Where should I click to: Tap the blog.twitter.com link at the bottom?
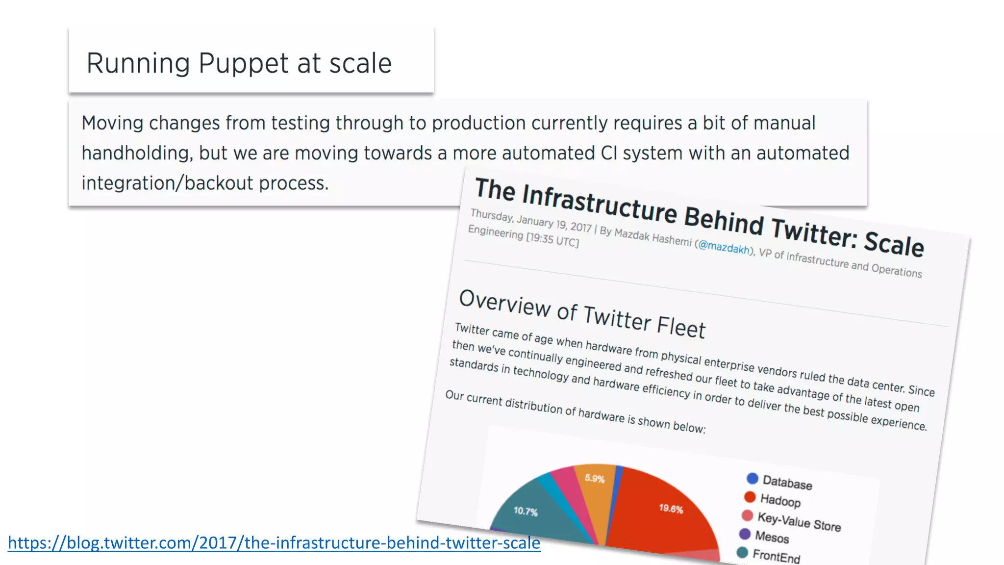tap(274, 543)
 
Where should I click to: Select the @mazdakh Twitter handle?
tap(724, 246)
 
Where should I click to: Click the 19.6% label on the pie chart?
tap(671, 509)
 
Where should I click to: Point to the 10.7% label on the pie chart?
tap(526, 511)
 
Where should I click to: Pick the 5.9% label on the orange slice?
tap(595, 478)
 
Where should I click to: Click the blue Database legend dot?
tap(752, 478)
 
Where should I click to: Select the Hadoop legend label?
tap(780, 500)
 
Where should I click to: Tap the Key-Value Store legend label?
tap(799, 521)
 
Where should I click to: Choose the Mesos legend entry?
tap(772, 537)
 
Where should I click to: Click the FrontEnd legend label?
tap(776, 556)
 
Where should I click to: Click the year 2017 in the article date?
tap(581, 227)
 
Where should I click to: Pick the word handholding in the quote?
tap(135, 153)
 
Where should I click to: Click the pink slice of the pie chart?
tap(568, 488)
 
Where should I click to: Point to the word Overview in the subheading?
tap(504, 303)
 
